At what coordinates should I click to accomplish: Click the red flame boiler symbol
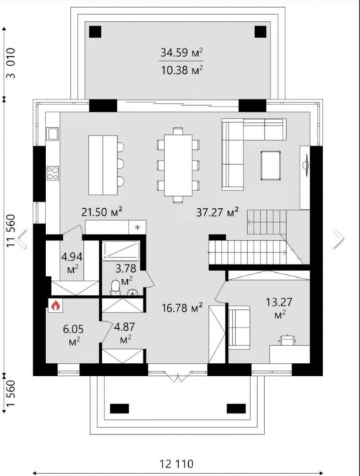click(x=55, y=305)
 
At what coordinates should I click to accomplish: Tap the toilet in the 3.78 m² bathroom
click(x=115, y=287)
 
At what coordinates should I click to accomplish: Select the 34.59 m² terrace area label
click(x=182, y=53)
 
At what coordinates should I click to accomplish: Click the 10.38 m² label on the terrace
click(x=182, y=70)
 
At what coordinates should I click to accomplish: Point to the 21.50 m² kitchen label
click(x=102, y=212)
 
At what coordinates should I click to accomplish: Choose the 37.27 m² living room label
click(x=217, y=212)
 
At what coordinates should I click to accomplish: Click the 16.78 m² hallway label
click(x=182, y=308)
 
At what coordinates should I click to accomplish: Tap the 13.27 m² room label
click(x=279, y=308)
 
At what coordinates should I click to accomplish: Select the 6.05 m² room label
click(x=73, y=335)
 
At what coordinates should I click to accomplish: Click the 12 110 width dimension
click(x=177, y=464)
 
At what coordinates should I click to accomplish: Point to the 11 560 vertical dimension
click(x=11, y=231)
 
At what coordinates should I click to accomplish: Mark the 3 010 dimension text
click(x=11, y=63)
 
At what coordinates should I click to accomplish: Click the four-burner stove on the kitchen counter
click(x=53, y=173)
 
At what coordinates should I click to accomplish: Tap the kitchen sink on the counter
click(x=53, y=134)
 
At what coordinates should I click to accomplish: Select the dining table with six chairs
click(x=178, y=165)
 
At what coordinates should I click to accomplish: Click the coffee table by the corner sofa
click(x=271, y=166)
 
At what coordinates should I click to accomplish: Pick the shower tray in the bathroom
click(x=121, y=251)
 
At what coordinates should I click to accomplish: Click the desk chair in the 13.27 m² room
click(x=287, y=340)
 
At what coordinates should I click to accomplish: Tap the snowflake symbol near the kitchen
click(x=137, y=227)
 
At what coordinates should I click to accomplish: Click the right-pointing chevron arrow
click(x=338, y=239)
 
